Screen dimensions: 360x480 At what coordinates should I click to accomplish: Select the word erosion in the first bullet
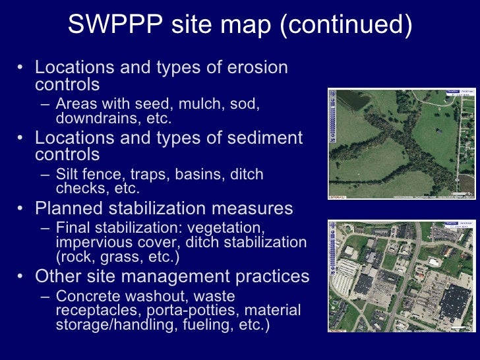pos(254,68)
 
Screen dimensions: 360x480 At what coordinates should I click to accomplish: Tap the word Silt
pos(69,175)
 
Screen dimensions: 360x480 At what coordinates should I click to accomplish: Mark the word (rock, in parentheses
pos(76,257)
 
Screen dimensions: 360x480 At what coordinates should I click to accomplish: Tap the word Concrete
pos(88,296)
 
